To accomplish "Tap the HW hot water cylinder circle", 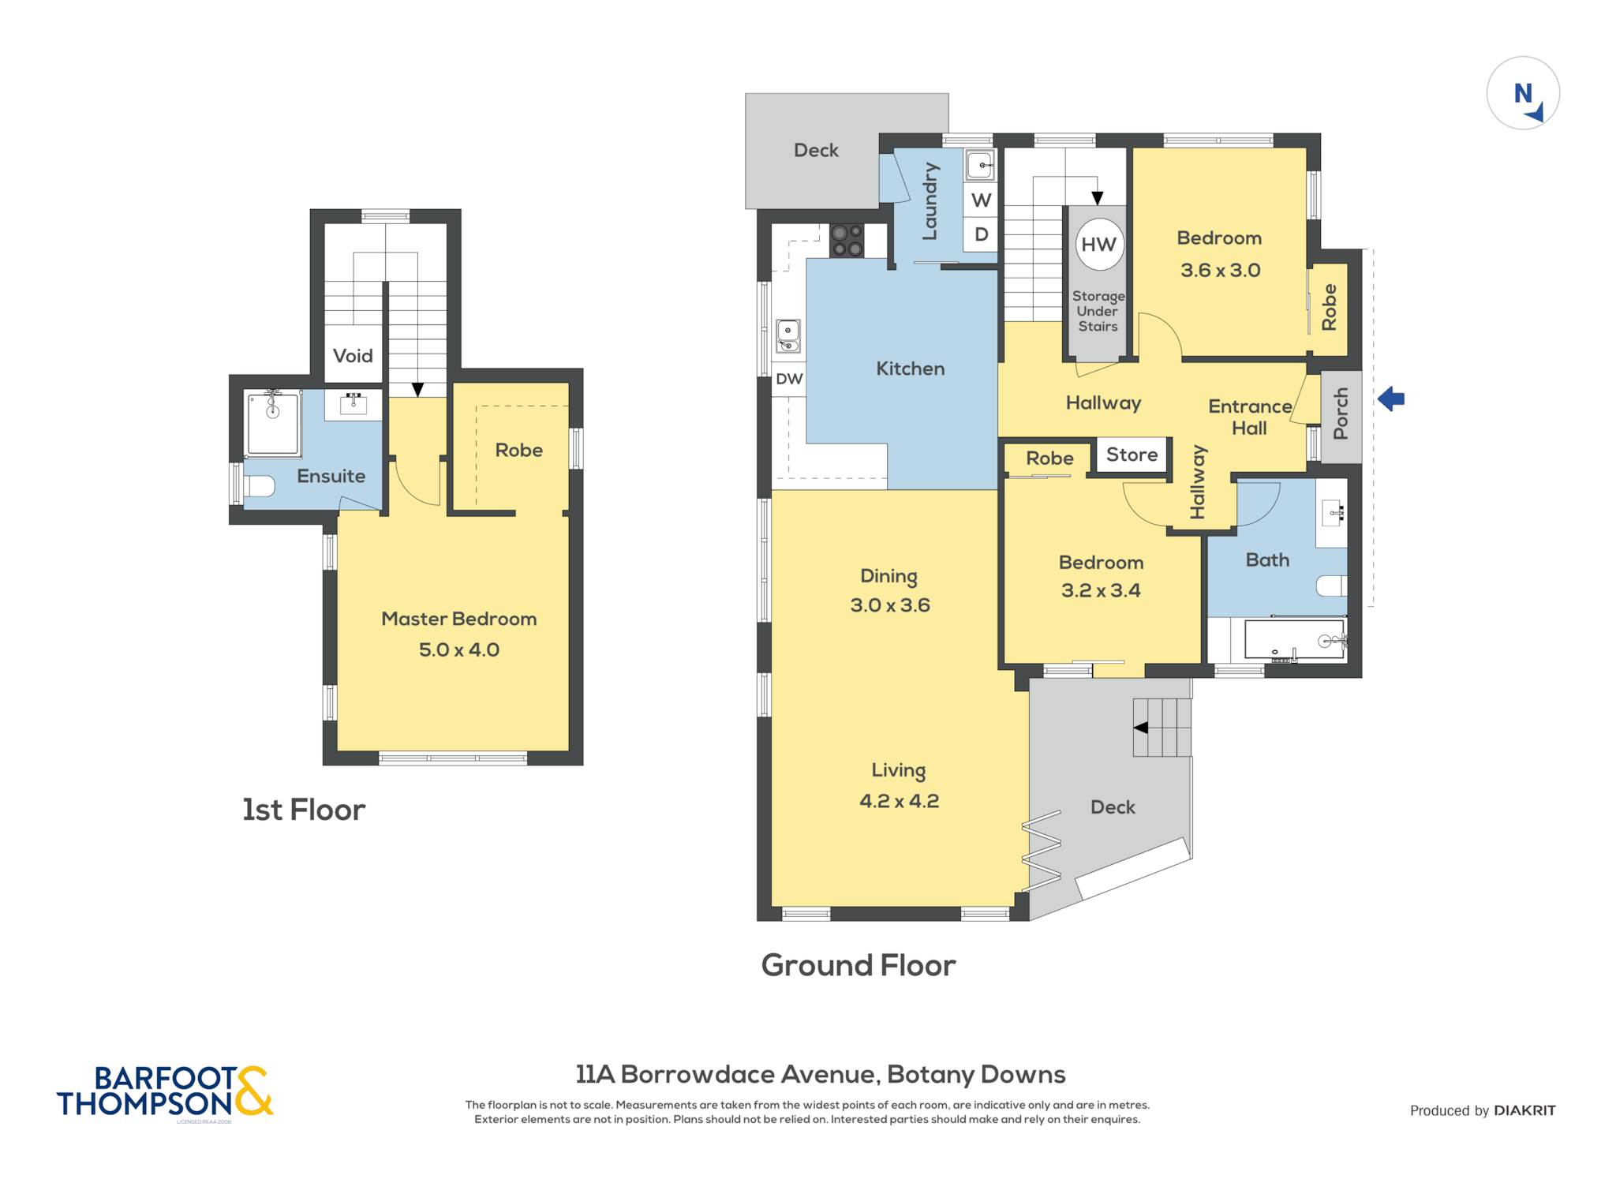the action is [x=1098, y=245].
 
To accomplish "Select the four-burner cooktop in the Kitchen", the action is [x=847, y=241].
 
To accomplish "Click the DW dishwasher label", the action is [x=789, y=379].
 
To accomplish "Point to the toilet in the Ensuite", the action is [x=258, y=486].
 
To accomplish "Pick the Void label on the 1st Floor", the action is [x=353, y=356].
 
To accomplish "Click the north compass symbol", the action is [x=1523, y=93].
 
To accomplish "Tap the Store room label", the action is [x=1132, y=455].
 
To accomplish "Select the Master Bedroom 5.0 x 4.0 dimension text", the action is [x=459, y=649].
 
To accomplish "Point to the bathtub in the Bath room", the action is [x=1294, y=639].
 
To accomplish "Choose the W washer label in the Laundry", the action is [x=981, y=200].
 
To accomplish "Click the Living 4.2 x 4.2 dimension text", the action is [x=899, y=801].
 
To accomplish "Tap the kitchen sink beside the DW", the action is [x=788, y=336].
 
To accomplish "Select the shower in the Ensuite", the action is [x=273, y=423].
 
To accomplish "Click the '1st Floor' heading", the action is [x=304, y=810].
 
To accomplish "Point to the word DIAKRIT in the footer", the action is [x=1524, y=1110].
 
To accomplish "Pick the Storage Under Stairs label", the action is [x=1098, y=311].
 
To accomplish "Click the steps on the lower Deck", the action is [x=1161, y=728].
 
